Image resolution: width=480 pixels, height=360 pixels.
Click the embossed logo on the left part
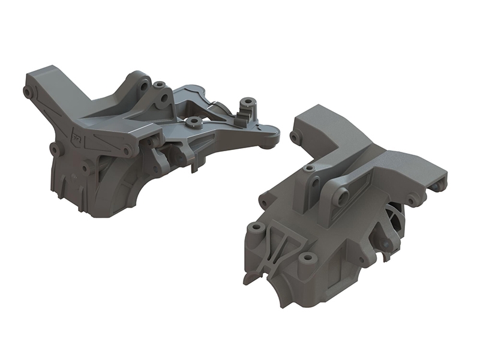click(77, 136)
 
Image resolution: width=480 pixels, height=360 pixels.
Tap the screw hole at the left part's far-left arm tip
click(28, 92)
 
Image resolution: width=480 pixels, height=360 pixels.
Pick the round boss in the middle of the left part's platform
click(193, 122)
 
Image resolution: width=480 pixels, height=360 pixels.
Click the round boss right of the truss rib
click(308, 258)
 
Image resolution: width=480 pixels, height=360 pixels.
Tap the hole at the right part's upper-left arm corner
click(294, 137)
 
